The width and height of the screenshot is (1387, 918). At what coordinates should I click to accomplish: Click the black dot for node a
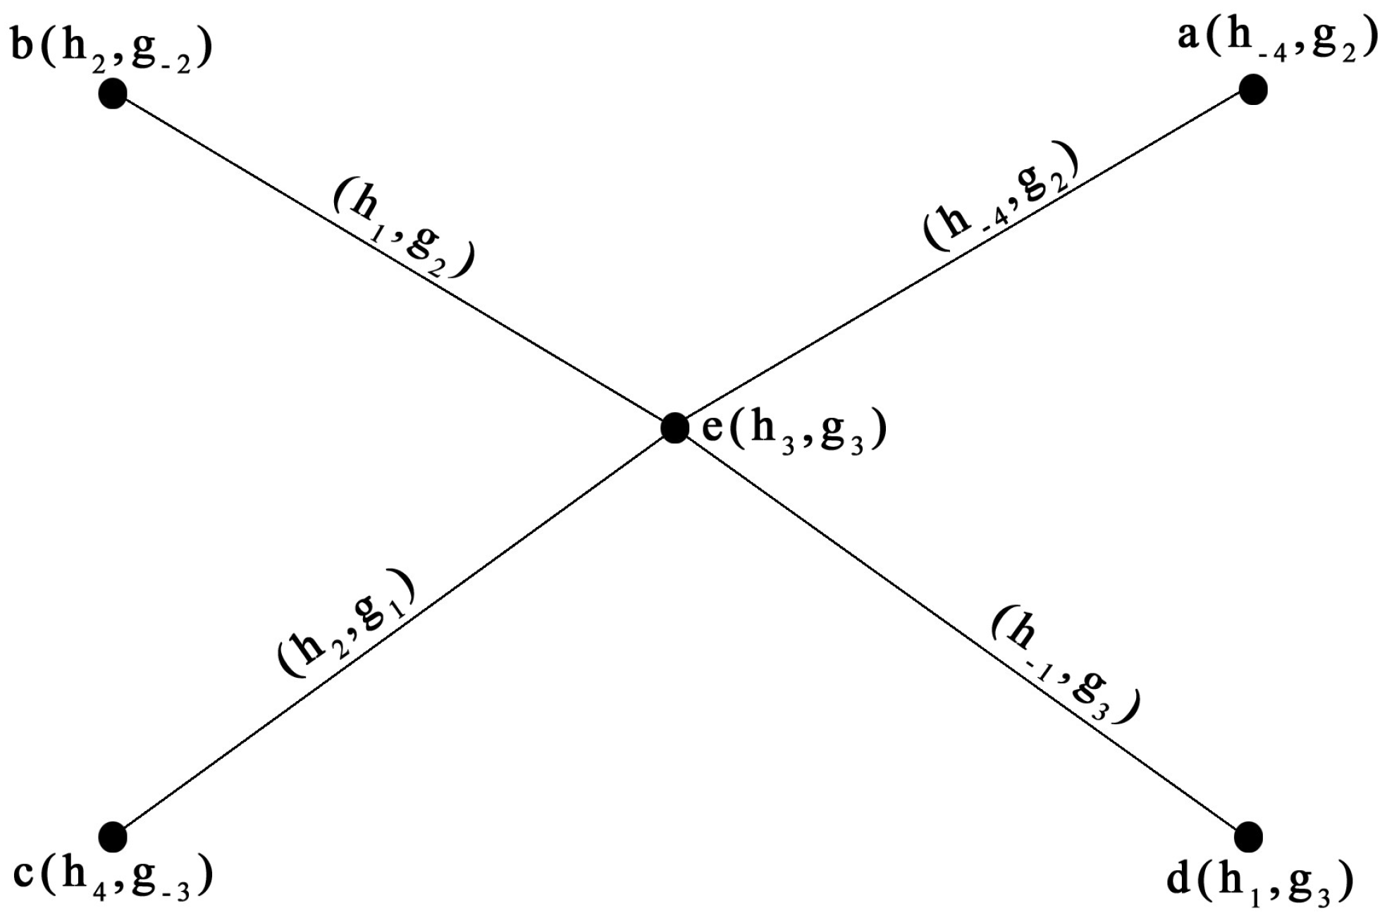tap(1252, 90)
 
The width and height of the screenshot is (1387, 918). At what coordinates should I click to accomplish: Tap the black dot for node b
tap(113, 93)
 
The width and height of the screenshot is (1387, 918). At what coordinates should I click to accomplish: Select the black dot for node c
tap(113, 836)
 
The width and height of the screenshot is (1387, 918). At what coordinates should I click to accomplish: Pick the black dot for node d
tap(1248, 836)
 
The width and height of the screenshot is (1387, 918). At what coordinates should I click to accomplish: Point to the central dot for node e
tap(674, 428)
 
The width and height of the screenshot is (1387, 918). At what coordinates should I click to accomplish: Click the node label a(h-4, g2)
tap(1277, 41)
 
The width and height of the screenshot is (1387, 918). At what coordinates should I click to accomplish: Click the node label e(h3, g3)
tap(794, 431)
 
